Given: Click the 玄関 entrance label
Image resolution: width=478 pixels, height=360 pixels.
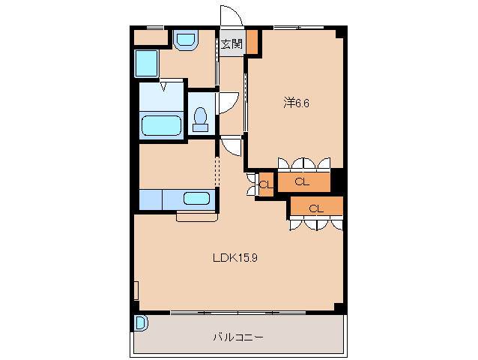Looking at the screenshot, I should [x=231, y=45].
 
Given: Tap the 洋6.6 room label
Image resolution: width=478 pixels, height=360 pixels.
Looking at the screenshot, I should [x=296, y=103].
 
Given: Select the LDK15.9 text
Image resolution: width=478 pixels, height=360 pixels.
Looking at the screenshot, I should [x=235, y=258].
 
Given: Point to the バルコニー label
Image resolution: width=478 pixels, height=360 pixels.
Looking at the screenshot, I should [x=238, y=337].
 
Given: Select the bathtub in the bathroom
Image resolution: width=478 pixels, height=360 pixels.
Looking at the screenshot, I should [x=161, y=125].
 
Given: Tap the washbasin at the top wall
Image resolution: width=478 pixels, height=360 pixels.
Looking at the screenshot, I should [x=184, y=39].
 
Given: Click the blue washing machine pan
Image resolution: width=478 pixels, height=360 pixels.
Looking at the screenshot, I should [x=147, y=64].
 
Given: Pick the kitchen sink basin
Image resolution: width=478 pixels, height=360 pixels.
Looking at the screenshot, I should [x=197, y=199].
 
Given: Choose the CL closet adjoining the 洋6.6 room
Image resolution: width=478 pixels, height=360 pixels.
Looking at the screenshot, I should [x=303, y=181].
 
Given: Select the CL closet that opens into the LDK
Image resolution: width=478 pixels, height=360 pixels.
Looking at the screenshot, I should [x=316, y=208].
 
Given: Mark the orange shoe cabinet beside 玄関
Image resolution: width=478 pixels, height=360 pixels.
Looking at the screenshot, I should [x=253, y=42].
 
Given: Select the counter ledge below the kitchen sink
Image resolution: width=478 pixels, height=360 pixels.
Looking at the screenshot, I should [x=196, y=217].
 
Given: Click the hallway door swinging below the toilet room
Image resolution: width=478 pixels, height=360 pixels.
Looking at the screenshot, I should [x=232, y=145].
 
